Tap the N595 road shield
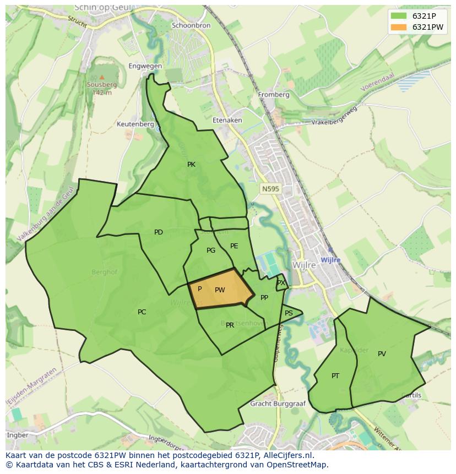[x=270, y=189]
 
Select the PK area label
[x=191, y=165]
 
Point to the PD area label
[x=159, y=232]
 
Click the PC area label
[x=142, y=312]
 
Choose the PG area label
[x=211, y=250]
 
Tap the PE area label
[x=234, y=246]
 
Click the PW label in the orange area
[x=220, y=290]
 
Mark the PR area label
[x=230, y=325]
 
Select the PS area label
[x=289, y=313]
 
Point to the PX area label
[x=281, y=283]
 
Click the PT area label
[x=335, y=376]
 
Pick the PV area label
[x=382, y=354]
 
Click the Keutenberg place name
[x=135, y=124]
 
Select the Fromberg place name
[x=274, y=95]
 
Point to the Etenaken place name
[x=227, y=120]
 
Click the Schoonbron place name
[x=191, y=25]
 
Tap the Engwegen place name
[x=145, y=66]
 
